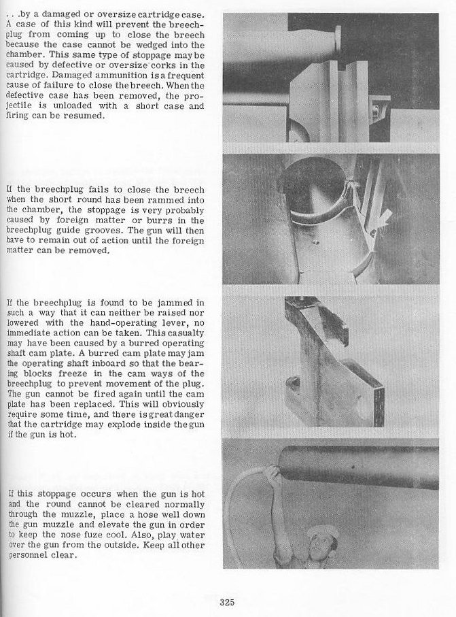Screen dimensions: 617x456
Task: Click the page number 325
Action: pyautogui.click(x=227, y=601)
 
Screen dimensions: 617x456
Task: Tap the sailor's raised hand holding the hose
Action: pyautogui.click(x=273, y=473)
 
